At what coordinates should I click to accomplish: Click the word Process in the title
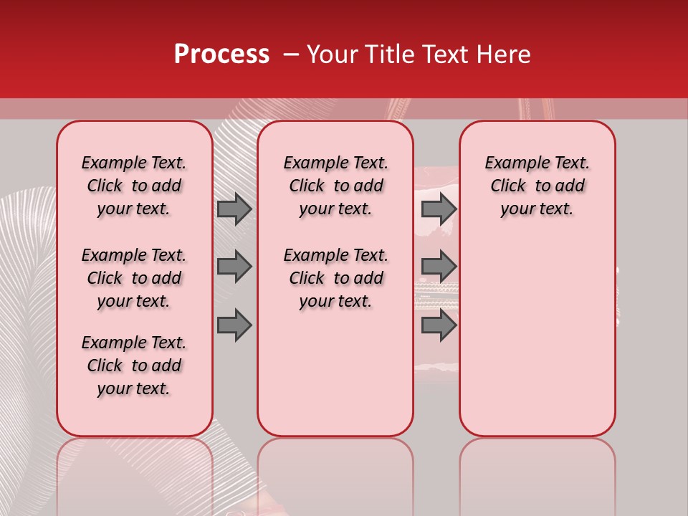pyautogui.click(x=221, y=54)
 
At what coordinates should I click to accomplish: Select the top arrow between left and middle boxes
pyautogui.click(x=234, y=209)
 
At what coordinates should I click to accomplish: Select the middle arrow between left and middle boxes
pyautogui.click(x=234, y=267)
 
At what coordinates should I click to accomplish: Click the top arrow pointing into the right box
pyautogui.click(x=439, y=209)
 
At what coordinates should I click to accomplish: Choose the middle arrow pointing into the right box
pyautogui.click(x=439, y=267)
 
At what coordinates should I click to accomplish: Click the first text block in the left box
pyautogui.click(x=134, y=186)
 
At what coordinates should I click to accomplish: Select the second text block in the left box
pyautogui.click(x=134, y=278)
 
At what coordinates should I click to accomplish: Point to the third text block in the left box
pyautogui.click(x=134, y=365)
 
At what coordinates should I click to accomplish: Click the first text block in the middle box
pyautogui.click(x=335, y=186)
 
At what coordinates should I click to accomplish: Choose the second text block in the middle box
pyautogui.click(x=335, y=278)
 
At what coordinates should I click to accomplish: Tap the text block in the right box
pyautogui.click(x=537, y=186)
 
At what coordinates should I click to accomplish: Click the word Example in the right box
pyautogui.click(x=512, y=163)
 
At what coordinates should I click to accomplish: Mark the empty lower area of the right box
pyautogui.click(x=537, y=337)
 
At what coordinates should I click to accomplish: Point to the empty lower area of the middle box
pyautogui.click(x=335, y=373)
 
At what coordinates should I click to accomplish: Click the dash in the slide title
pyautogui.click(x=291, y=54)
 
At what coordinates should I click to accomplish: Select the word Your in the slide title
pyautogui.click(x=330, y=54)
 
